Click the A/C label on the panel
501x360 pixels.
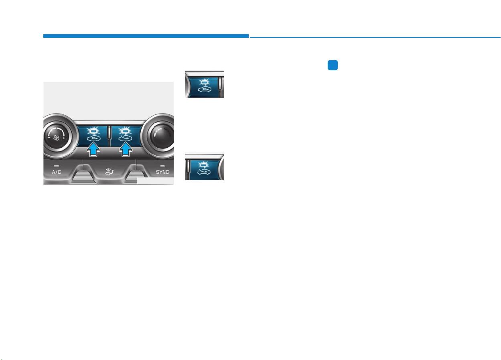pyautogui.click(x=57, y=172)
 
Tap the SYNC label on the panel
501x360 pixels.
pyautogui.click(x=162, y=172)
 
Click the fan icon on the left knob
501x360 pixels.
pyautogui.click(x=56, y=138)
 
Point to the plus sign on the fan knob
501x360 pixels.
pyautogui.click(x=64, y=138)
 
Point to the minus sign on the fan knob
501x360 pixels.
pyautogui.click(x=49, y=137)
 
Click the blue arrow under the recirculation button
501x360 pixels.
pyautogui.click(x=93, y=150)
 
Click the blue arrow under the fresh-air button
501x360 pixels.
pyautogui.click(x=126, y=150)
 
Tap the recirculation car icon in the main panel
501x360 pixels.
pyautogui.click(x=93, y=139)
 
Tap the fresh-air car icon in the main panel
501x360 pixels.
pyautogui.click(x=125, y=139)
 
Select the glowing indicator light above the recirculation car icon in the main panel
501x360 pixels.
pyautogui.click(x=93, y=131)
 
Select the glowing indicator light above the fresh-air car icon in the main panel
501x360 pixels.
pyautogui.click(x=125, y=131)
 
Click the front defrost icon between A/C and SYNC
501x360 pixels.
pyautogui.click(x=109, y=172)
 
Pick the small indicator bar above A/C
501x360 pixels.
pyautogui.click(x=57, y=166)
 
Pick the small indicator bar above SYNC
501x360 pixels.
pyautogui.click(x=162, y=166)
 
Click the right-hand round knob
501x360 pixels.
pyautogui.click(x=159, y=135)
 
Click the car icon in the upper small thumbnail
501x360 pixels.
pyautogui.click(x=205, y=89)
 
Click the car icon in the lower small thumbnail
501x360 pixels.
pyautogui.click(x=204, y=172)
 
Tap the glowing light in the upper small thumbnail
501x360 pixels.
pyautogui.click(x=204, y=81)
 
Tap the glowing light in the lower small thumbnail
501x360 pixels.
pyautogui.click(x=203, y=165)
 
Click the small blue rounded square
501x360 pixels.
pyautogui.click(x=333, y=65)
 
